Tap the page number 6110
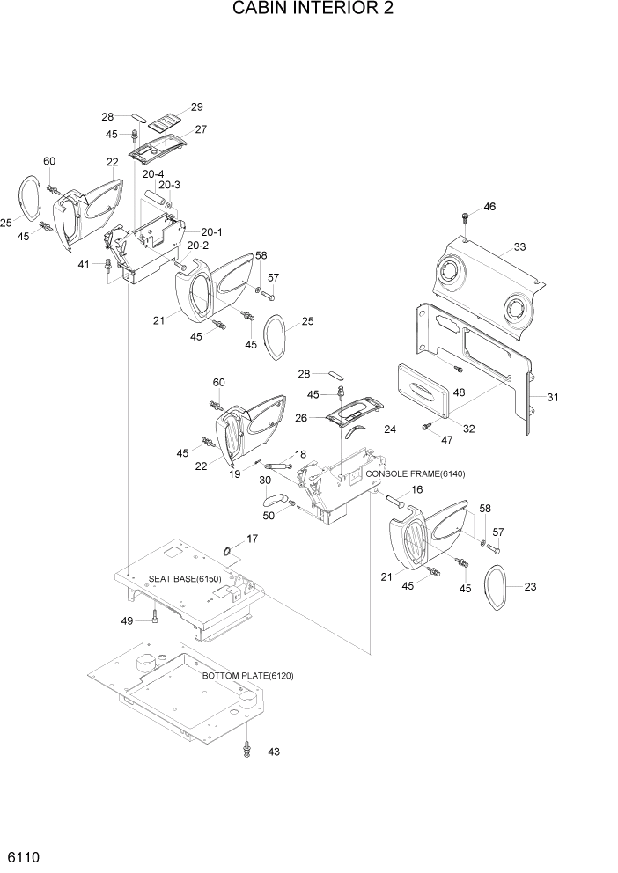[23, 856]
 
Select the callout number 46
[489, 207]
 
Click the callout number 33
[519, 247]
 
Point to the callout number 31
[552, 398]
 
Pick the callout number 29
[196, 107]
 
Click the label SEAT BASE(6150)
[184, 578]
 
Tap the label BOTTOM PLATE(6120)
[247, 675]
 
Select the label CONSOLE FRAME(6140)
[415, 473]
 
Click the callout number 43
[273, 752]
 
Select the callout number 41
[84, 264]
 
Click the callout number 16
[416, 489]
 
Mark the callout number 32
[468, 429]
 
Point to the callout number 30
[263, 481]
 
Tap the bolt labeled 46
[464, 216]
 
